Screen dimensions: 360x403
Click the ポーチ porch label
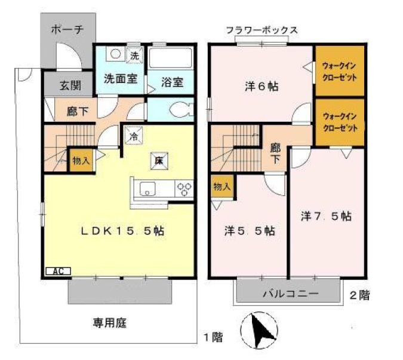(67, 29)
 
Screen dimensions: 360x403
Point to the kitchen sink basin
(147, 190)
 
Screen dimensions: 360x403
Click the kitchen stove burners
(184, 189)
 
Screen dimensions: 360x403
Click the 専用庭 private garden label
(109, 323)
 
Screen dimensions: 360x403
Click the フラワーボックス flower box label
(262, 30)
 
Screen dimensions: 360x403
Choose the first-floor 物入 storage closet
(80, 161)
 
